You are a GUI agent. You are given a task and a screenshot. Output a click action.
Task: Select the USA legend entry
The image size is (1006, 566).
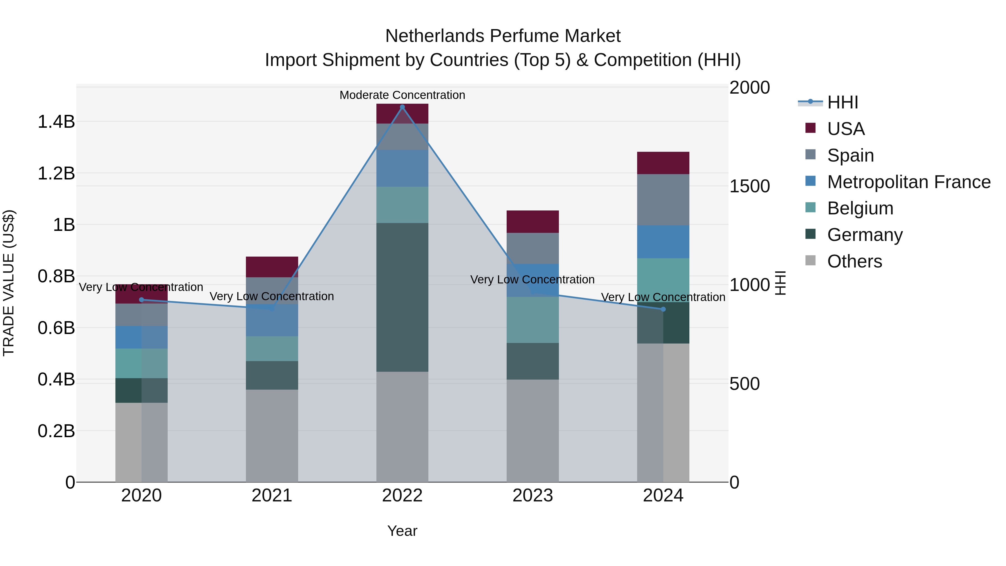[846, 129]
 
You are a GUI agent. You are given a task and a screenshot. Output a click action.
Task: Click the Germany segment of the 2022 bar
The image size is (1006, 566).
[402, 297]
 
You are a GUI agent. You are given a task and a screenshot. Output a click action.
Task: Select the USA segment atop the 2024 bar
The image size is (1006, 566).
[663, 163]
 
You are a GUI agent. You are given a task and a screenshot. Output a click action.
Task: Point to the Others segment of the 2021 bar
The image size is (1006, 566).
[272, 435]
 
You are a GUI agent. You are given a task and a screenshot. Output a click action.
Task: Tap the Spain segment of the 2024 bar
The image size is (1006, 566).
[663, 200]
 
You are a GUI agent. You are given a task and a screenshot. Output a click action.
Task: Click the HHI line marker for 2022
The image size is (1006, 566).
[402, 107]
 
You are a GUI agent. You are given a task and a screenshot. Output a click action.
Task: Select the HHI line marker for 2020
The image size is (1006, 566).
[141, 300]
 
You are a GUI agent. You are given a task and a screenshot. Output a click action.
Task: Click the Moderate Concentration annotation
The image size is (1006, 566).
[402, 95]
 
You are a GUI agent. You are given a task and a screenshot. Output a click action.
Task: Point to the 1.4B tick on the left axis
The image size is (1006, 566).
[56, 122]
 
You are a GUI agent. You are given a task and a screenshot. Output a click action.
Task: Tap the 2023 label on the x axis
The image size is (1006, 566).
[532, 496]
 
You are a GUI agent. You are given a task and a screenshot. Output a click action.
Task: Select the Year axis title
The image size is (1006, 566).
[402, 531]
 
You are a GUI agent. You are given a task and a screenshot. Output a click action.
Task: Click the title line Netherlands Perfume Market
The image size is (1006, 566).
[503, 36]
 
